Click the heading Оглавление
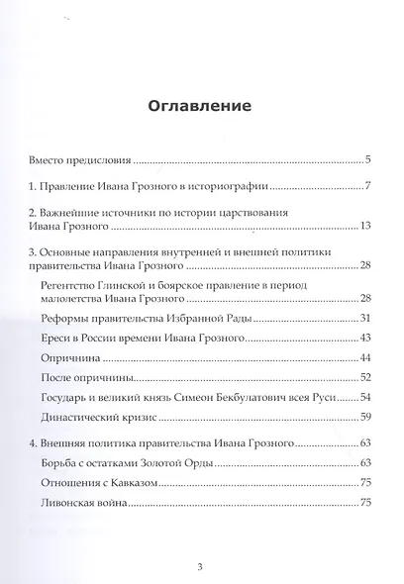tap(202, 106)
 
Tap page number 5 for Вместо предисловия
tap(366, 159)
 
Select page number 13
tap(363, 228)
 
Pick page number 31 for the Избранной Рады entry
tap(363, 317)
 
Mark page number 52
tap(363, 379)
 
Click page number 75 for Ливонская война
tap(363, 504)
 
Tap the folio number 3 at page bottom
tap(202, 566)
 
